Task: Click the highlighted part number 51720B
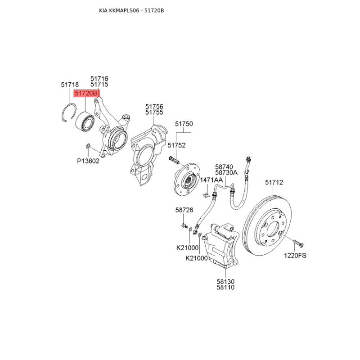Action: pos(86,93)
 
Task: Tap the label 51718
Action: pos(70,85)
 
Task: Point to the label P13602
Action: pos(88,161)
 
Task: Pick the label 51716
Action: pos(99,78)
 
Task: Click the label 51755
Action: pos(154,112)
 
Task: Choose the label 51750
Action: pos(184,124)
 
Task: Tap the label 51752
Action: pos(176,145)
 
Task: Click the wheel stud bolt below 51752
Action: pos(174,160)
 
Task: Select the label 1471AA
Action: pos(211,180)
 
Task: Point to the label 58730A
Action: pos(226,172)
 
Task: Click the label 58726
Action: pos(184,210)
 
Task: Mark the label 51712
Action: pos(274,182)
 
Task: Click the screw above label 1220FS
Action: pos(298,243)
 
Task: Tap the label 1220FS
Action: pos(295,255)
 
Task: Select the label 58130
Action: pos(225,282)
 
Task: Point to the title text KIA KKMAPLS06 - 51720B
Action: pos(131,10)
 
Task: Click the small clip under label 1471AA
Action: pos(206,195)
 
